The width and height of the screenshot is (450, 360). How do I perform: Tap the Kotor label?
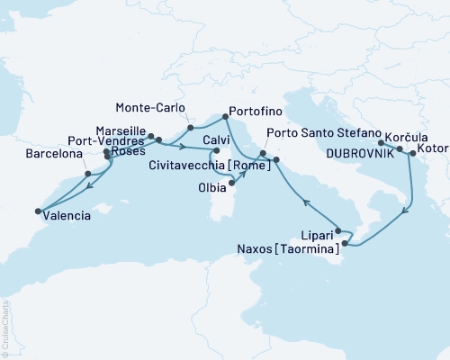[x=431, y=157]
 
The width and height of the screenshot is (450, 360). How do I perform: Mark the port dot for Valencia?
[x=38, y=212]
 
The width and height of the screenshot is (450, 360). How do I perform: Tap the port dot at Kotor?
[x=412, y=154]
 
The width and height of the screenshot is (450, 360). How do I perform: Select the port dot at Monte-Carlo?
[x=191, y=128]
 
